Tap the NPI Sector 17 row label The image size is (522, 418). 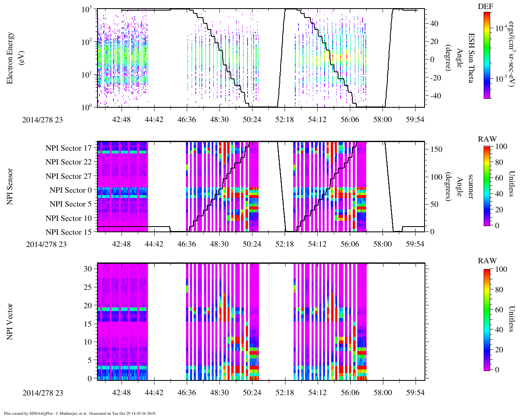[x=69, y=148]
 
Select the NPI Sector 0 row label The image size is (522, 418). [x=71, y=190]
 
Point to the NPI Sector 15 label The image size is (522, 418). [x=69, y=232]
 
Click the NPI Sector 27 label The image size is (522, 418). [x=69, y=176]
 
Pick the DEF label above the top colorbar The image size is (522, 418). [x=486, y=7]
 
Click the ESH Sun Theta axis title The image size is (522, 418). [x=471, y=58]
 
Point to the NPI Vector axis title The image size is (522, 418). [x=10, y=322]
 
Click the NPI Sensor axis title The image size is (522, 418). [x=10, y=187]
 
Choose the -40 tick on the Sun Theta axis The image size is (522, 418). [x=435, y=96]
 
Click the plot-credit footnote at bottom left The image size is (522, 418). [x=80, y=414]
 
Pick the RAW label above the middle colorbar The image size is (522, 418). [x=487, y=139]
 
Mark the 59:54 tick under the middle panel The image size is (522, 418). [x=415, y=244]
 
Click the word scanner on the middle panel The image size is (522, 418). [x=471, y=187]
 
